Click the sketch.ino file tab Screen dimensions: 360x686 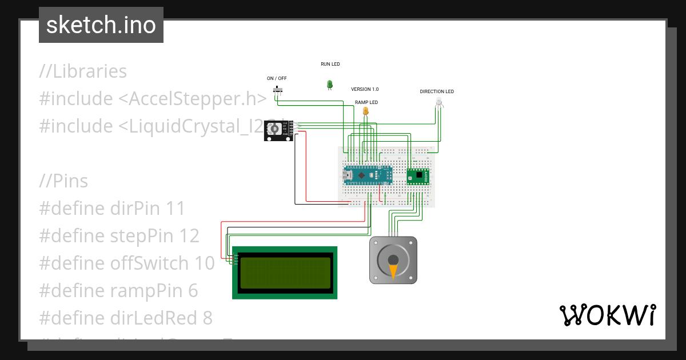pyautogui.click(x=101, y=25)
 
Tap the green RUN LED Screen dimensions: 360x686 pyautogui.click(x=329, y=84)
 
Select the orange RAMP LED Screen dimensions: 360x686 pyautogui.click(x=365, y=111)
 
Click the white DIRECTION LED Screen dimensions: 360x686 pyautogui.click(x=438, y=102)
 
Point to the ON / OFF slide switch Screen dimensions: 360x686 pyautogui.click(x=278, y=90)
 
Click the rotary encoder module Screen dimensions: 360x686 pyautogui.click(x=278, y=131)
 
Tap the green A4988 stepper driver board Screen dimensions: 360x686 pyautogui.click(x=418, y=177)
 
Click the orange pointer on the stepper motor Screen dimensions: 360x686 pyautogui.click(x=393, y=270)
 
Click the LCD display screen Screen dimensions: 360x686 pyautogui.click(x=285, y=273)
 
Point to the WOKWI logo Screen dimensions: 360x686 pyautogui.click(x=607, y=315)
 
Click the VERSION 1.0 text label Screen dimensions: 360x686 pyautogui.click(x=365, y=90)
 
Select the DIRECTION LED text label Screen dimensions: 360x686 pyautogui.click(x=437, y=91)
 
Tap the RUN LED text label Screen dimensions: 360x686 pyautogui.click(x=330, y=65)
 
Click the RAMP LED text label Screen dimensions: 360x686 pyautogui.click(x=366, y=102)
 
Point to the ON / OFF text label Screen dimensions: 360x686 pyautogui.click(x=277, y=78)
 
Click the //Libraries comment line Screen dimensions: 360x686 pyautogui.click(x=83, y=71)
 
